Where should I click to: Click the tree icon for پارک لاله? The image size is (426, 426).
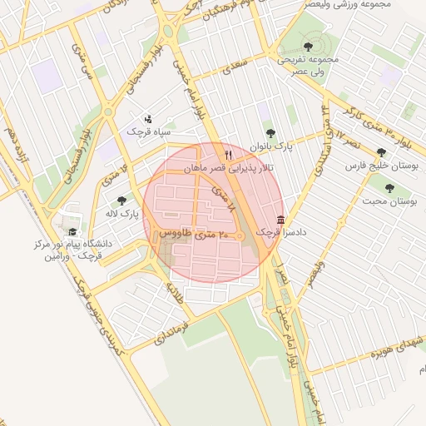point(122,201)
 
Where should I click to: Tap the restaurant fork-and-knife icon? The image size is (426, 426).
point(228,155)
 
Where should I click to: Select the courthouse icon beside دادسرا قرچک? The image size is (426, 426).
point(279,220)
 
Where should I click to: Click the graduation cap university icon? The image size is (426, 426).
point(72,232)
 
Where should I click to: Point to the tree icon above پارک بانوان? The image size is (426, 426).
point(269,132)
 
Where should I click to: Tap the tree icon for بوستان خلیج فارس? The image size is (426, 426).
point(381,152)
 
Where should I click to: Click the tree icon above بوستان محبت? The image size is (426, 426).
point(390,188)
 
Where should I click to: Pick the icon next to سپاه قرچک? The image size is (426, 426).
point(149,118)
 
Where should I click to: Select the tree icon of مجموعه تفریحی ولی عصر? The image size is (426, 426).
point(309,47)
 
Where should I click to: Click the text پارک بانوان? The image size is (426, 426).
point(269,145)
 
